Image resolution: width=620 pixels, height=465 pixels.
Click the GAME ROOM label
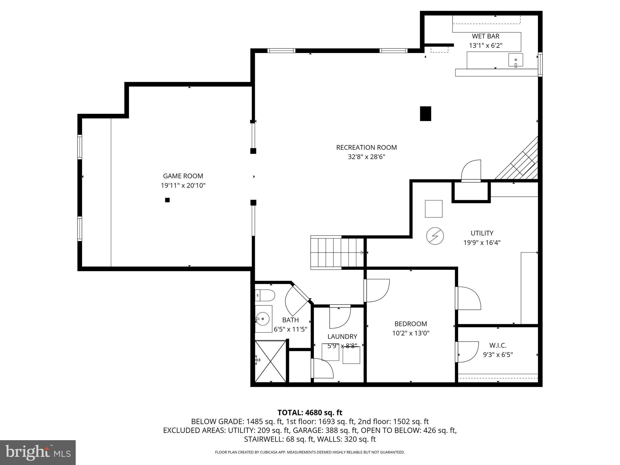183,176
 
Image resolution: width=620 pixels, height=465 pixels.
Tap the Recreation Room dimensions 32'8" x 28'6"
366,157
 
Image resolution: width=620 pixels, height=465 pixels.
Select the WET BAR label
486,36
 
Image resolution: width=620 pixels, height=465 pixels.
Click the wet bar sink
516,60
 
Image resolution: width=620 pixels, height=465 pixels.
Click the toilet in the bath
265,295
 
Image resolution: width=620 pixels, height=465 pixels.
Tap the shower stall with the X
270,361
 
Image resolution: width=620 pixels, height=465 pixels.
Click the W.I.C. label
498,345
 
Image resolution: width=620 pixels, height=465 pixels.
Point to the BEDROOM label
411,324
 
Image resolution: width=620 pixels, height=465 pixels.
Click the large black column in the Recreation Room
425,114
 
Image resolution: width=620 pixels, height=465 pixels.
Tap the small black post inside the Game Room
167,200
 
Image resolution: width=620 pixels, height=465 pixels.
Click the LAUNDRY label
342,336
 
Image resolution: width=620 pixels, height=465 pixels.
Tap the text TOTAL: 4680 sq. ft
310,413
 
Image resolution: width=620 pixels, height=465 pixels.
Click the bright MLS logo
38,452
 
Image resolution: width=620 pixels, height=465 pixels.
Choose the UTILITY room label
482,233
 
